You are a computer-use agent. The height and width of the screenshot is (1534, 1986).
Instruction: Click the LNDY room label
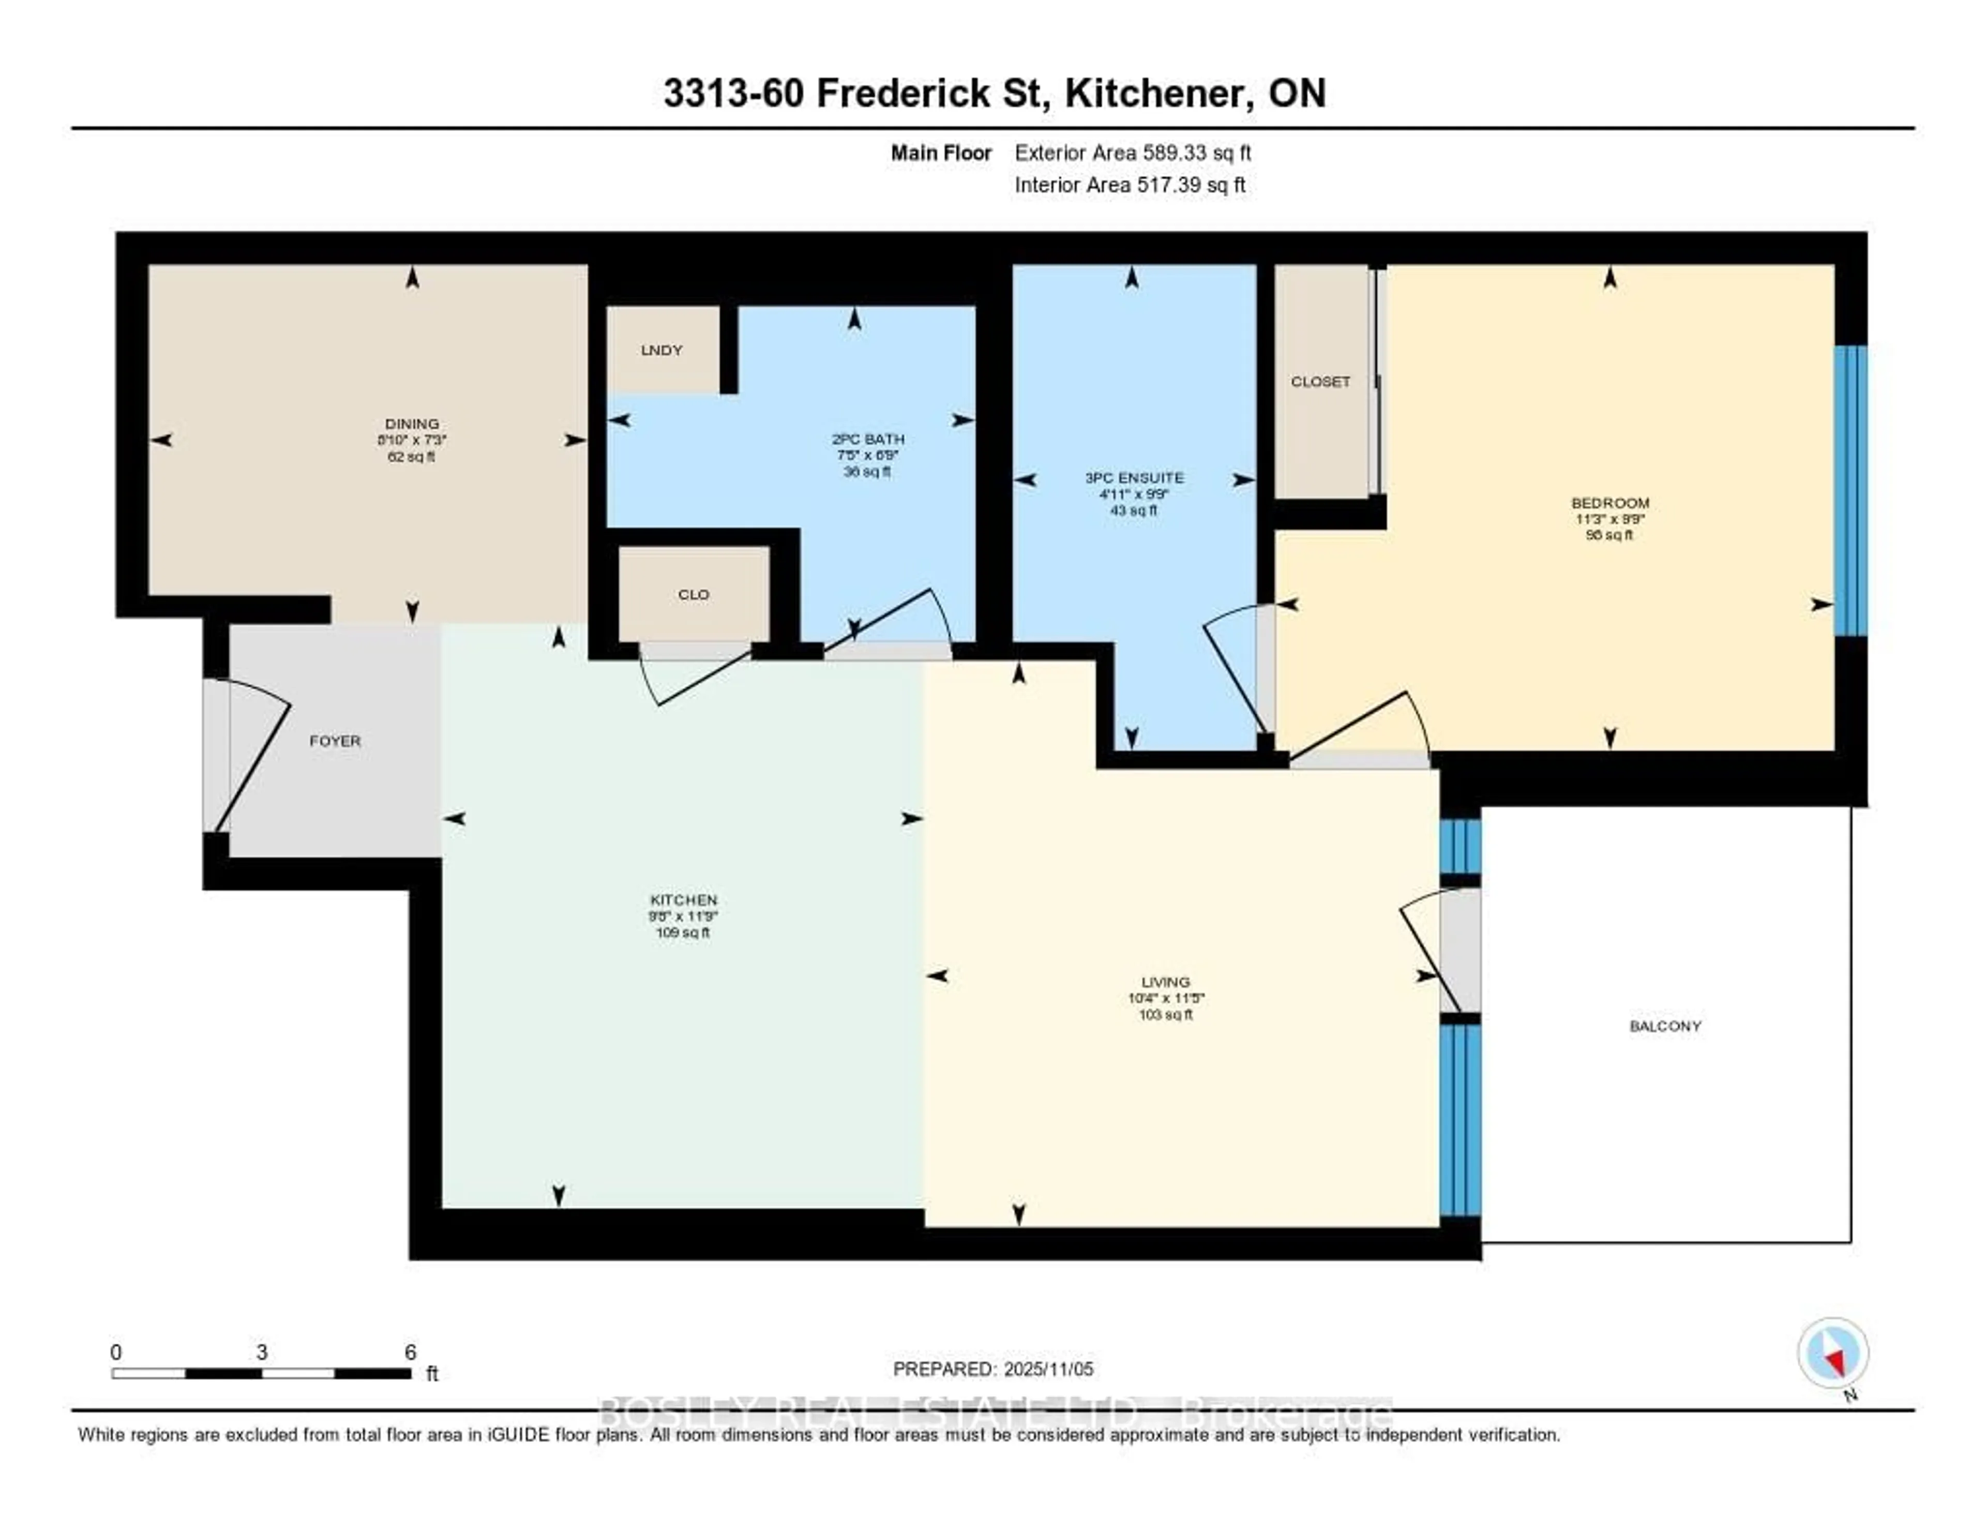(661, 350)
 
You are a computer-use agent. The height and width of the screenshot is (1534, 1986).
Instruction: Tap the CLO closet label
(693, 595)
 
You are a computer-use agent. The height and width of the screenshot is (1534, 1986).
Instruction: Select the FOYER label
(335, 741)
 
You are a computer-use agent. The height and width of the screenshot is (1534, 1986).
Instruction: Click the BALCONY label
(1665, 1027)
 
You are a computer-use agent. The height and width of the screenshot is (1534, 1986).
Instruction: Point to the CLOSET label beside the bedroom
(1320, 382)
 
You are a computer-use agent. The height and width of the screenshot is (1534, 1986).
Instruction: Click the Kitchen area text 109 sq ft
(683, 933)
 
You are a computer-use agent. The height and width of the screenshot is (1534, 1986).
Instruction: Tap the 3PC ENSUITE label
(1134, 477)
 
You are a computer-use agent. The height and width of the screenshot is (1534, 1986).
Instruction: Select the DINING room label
(412, 424)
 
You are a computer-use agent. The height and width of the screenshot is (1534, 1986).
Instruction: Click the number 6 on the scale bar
(410, 1352)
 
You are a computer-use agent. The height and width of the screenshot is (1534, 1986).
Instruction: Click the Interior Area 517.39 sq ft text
(1130, 186)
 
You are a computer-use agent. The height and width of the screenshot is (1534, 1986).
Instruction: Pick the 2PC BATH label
(867, 439)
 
